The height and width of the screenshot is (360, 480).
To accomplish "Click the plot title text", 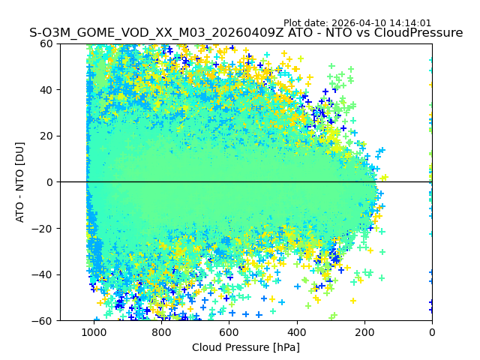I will tap(246, 33).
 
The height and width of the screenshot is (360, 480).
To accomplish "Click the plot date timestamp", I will tap(357, 23).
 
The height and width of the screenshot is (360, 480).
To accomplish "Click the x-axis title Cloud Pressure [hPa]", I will tap(246, 347).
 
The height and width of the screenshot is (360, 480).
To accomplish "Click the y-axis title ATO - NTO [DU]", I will tap(20, 182).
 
